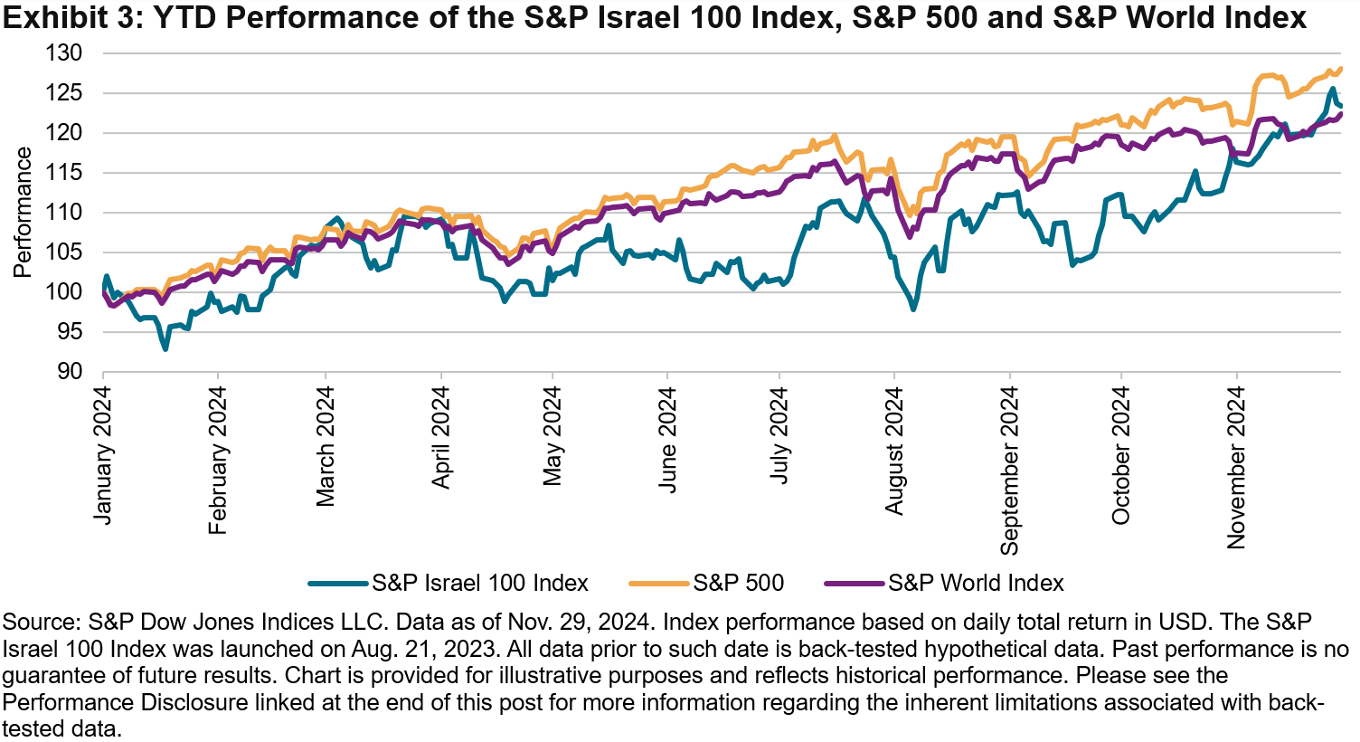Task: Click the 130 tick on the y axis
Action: pos(64,53)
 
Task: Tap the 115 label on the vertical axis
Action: pos(64,173)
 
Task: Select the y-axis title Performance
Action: pos(23,213)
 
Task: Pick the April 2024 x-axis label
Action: pos(441,438)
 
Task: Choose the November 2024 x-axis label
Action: pos(1236,467)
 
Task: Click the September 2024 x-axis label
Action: pos(1009,470)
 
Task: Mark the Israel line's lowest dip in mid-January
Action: pos(165,348)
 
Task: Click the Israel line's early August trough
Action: pos(913,309)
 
